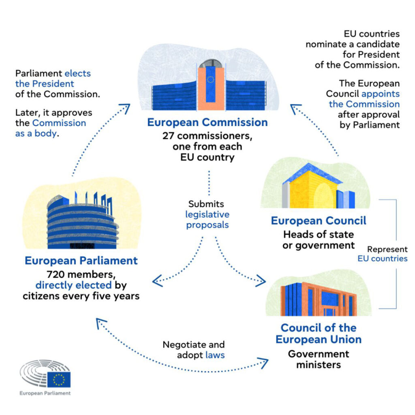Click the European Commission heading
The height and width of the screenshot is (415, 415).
[x=207, y=122]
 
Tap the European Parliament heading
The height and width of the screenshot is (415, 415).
[x=81, y=260]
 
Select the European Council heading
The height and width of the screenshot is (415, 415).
[x=318, y=221]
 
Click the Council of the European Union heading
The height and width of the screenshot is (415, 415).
[x=319, y=333]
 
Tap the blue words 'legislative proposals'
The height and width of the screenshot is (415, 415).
[x=207, y=219]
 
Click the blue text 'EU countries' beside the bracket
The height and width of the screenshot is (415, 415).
[x=382, y=258]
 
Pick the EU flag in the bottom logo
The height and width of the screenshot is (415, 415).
[x=59, y=380]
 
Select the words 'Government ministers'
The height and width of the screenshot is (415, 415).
[x=318, y=359]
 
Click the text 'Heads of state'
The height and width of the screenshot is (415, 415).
[x=318, y=234]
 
